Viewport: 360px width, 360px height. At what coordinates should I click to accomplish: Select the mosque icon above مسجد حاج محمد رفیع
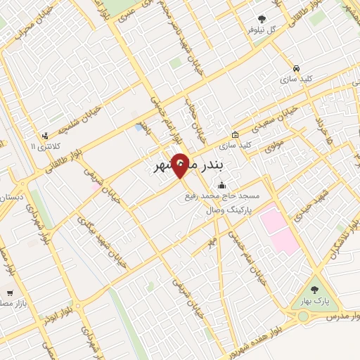click(223, 186)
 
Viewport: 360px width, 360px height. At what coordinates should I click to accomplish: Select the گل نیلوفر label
click(262, 31)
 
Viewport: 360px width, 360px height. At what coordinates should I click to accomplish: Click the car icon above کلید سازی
click(296, 69)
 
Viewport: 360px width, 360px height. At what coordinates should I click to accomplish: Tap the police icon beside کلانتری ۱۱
click(46, 136)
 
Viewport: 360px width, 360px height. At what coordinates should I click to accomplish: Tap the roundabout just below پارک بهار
click(304, 317)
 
